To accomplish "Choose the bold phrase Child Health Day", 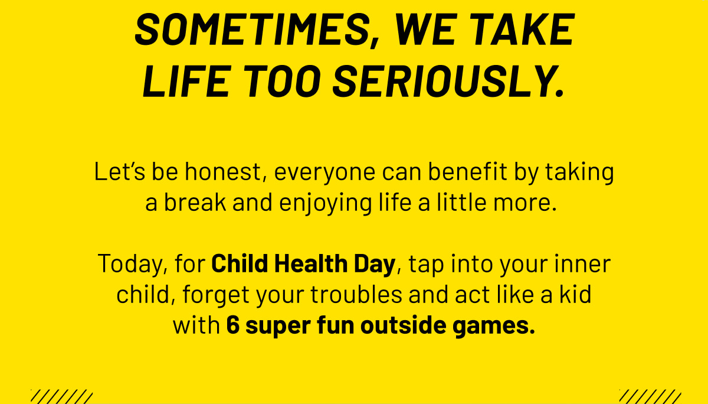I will tap(303, 264).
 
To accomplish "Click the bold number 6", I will tap(232, 325).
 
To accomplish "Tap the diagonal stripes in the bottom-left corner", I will tap(61, 396).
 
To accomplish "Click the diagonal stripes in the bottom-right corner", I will tap(650, 396).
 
